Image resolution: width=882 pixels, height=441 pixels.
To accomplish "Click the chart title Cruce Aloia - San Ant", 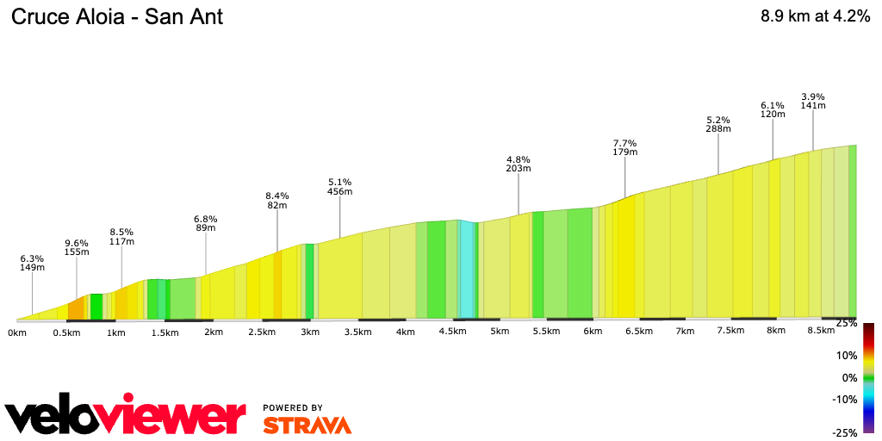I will click(x=117, y=16).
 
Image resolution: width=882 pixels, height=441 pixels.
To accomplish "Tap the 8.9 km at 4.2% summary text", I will click(x=814, y=16).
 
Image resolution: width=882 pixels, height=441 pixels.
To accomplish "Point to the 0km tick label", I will click(x=17, y=332).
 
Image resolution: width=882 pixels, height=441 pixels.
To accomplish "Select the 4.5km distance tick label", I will click(x=453, y=332).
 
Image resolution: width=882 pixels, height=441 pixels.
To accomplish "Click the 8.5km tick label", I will click(x=821, y=331).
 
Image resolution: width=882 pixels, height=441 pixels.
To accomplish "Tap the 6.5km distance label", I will click(x=639, y=332).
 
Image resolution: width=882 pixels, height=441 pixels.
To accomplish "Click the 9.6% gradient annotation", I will click(x=77, y=247).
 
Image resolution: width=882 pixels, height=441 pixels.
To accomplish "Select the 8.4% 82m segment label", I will click(x=277, y=201).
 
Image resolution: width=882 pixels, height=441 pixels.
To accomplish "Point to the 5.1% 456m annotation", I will click(x=340, y=187).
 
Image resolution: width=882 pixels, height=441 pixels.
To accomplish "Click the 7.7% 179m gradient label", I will click(x=624, y=147).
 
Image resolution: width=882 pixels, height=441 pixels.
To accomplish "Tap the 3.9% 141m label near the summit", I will click(x=813, y=101).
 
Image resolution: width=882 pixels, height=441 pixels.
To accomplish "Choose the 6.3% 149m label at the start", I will click(x=32, y=263).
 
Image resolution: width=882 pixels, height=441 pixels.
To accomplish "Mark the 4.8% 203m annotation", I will click(x=519, y=164).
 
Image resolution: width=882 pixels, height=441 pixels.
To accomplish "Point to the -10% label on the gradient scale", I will click(x=844, y=399).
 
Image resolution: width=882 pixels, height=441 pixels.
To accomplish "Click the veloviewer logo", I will click(x=126, y=417).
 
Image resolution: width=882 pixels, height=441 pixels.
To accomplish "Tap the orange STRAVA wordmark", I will click(x=307, y=425).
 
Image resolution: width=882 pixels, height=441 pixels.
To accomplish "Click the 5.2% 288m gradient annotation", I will click(x=718, y=124).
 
